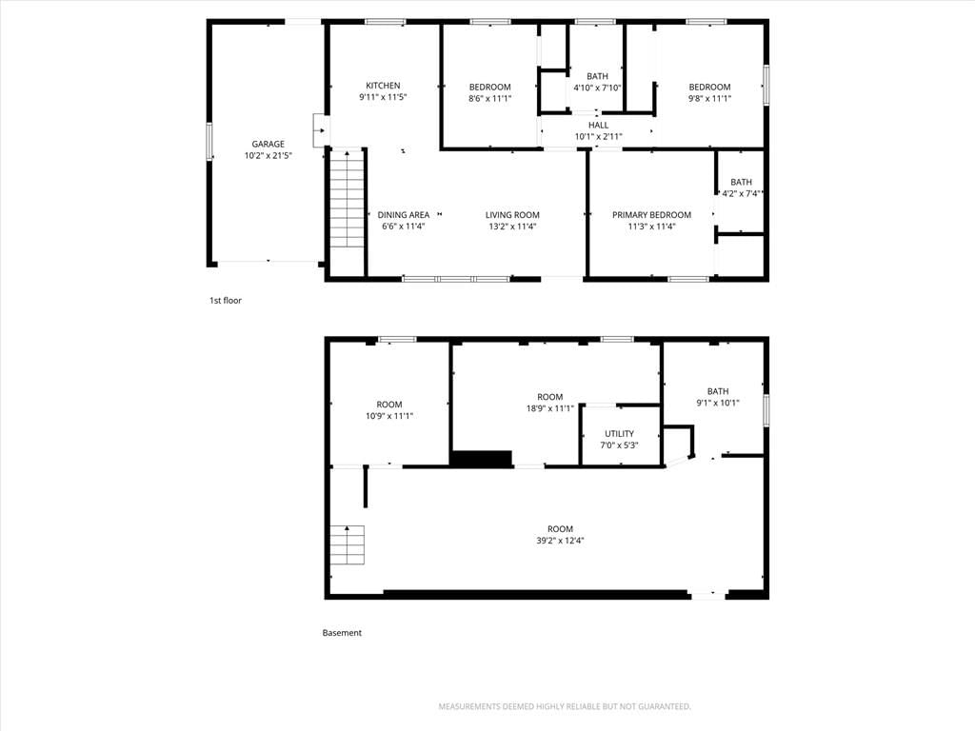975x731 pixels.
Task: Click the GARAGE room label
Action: pyautogui.click(x=268, y=145)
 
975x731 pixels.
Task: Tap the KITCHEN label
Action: pyautogui.click(x=383, y=86)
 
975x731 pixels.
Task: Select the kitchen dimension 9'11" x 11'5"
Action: pyautogui.click(x=383, y=97)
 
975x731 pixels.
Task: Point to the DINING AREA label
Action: pyautogui.click(x=404, y=215)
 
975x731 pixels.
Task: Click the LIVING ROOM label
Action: pyautogui.click(x=512, y=215)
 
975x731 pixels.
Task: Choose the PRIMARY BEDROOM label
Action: pyautogui.click(x=651, y=215)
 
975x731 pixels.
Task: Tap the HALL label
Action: pyautogui.click(x=598, y=126)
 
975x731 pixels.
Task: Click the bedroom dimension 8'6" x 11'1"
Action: pyautogui.click(x=490, y=98)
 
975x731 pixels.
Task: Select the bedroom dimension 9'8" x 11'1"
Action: pyautogui.click(x=709, y=98)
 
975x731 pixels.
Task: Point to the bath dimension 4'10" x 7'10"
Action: pyautogui.click(x=598, y=88)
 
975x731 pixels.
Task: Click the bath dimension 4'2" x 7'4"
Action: pyautogui.click(x=741, y=193)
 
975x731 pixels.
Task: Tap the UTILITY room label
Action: pyautogui.click(x=619, y=434)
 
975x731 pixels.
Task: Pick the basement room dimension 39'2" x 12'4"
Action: pyautogui.click(x=560, y=541)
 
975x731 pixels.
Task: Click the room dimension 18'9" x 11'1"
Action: pyautogui.click(x=550, y=408)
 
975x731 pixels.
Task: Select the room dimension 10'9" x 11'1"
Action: pyautogui.click(x=389, y=416)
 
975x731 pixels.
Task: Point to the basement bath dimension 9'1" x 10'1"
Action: pyautogui.click(x=718, y=403)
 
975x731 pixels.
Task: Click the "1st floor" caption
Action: pyautogui.click(x=225, y=300)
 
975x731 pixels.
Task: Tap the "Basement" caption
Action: pyautogui.click(x=342, y=633)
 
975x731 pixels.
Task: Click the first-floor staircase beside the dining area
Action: pyautogui.click(x=347, y=199)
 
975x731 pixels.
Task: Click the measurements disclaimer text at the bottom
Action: pyautogui.click(x=565, y=707)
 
